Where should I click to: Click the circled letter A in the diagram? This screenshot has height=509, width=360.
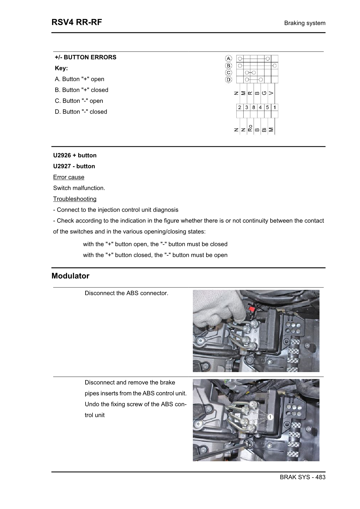(x=229, y=58)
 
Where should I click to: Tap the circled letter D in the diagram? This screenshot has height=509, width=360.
(x=229, y=79)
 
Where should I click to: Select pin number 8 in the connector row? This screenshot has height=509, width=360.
(x=254, y=107)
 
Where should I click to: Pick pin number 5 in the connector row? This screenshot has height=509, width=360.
(x=268, y=107)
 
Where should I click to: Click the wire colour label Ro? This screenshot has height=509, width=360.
(x=250, y=128)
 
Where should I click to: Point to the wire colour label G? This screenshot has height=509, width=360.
(x=264, y=93)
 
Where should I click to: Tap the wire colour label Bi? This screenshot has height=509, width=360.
(x=264, y=130)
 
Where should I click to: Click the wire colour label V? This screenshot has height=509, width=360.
(x=271, y=93)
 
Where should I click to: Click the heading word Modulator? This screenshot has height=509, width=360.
(x=70, y=276)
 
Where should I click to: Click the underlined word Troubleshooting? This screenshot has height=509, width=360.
(x=75, y=199)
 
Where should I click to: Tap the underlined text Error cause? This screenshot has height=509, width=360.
(x=69, y=177)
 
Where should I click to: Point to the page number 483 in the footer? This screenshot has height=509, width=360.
(x=320, y=477)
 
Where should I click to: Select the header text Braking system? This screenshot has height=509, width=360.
(x=305, y=23)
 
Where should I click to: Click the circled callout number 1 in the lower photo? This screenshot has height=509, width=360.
(x=270, y=417)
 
